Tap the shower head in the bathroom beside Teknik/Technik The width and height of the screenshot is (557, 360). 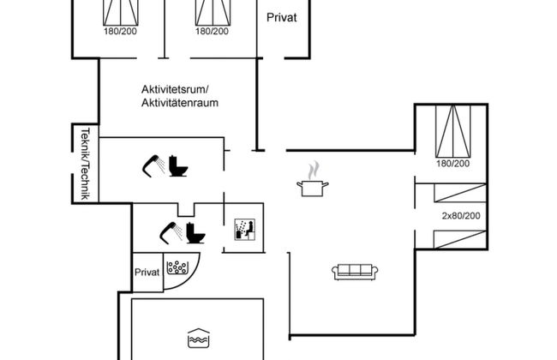point(153,164)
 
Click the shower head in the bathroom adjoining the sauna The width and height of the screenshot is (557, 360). point(168,231)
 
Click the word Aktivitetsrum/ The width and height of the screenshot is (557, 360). point(180,89)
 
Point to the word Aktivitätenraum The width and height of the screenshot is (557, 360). point(180,103)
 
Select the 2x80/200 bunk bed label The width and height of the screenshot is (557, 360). point(459,215)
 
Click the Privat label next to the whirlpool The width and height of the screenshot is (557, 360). point(147,272)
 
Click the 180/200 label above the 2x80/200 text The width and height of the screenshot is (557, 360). point(452,163)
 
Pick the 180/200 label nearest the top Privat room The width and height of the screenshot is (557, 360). point(212,31)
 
